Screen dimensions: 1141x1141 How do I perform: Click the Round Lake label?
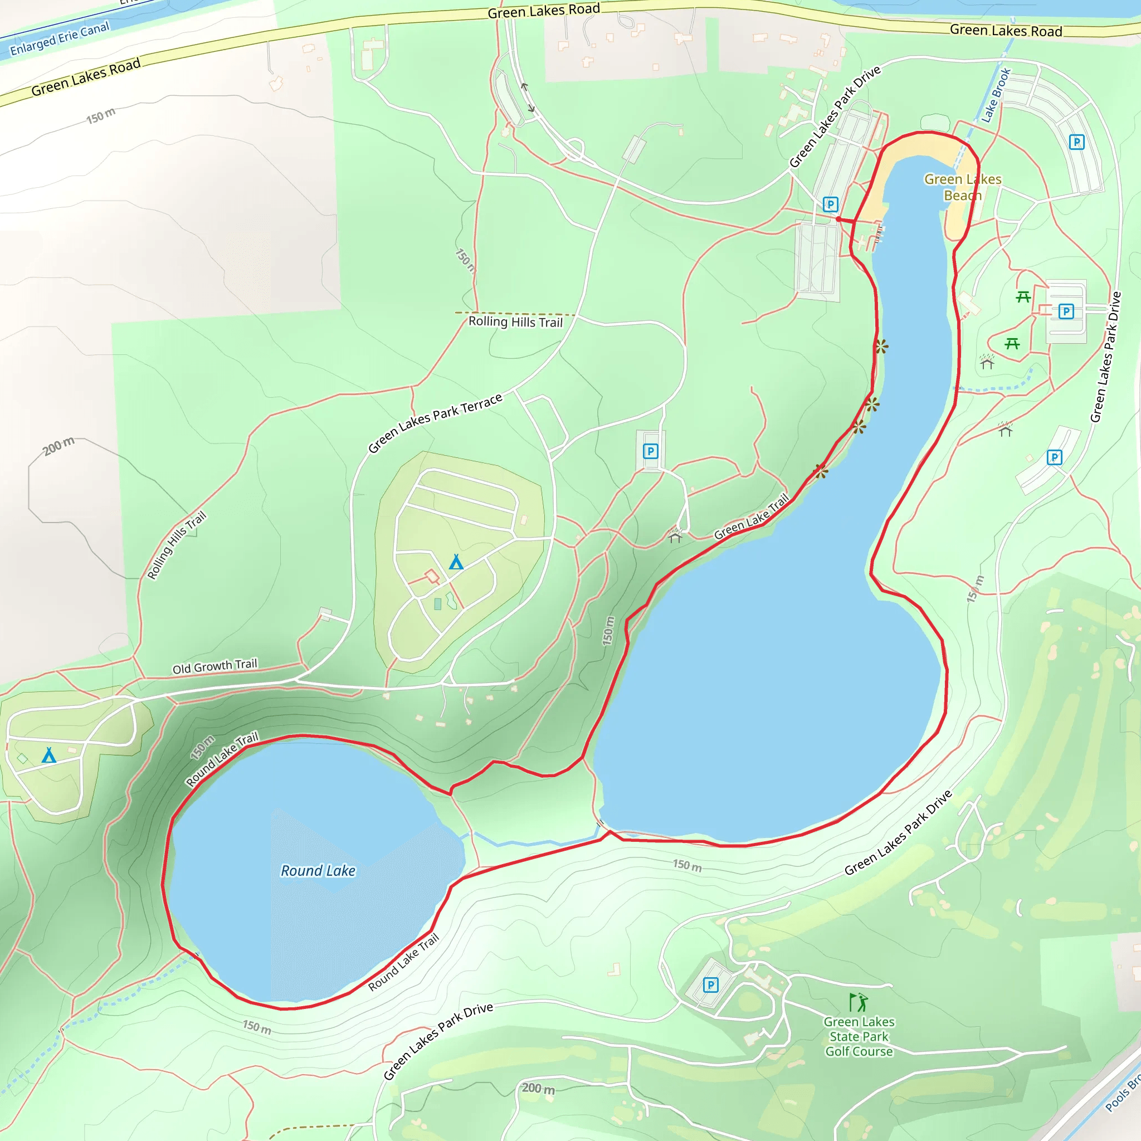[318, 871]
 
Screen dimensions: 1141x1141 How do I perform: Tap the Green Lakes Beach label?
[962, 187]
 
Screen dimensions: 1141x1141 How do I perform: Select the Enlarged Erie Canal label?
[60, 38]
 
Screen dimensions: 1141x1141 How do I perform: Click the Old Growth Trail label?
[214, 666]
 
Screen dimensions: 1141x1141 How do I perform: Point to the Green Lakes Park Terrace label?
[435, 422]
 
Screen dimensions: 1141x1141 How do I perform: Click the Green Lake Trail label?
[750, 517]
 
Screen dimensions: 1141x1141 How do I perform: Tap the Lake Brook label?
[996, 96]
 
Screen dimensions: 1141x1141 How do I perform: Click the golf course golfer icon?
[858, 1002]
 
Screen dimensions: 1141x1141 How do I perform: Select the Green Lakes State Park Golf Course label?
[859, 1036]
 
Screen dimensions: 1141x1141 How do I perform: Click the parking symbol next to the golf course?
[710, 984]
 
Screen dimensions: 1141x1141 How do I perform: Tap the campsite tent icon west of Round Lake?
[49, 755]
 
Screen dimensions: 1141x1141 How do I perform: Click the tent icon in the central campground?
[456, 562]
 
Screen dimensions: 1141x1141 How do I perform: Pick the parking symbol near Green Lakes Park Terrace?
[650, 451]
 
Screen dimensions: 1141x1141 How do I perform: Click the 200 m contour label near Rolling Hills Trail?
[59, 446]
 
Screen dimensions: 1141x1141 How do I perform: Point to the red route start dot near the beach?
[838, 219]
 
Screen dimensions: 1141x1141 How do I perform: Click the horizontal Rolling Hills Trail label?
[515, 322]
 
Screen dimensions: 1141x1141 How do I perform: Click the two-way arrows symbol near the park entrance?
[528, 97]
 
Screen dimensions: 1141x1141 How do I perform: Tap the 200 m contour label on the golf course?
[538, 1088]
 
